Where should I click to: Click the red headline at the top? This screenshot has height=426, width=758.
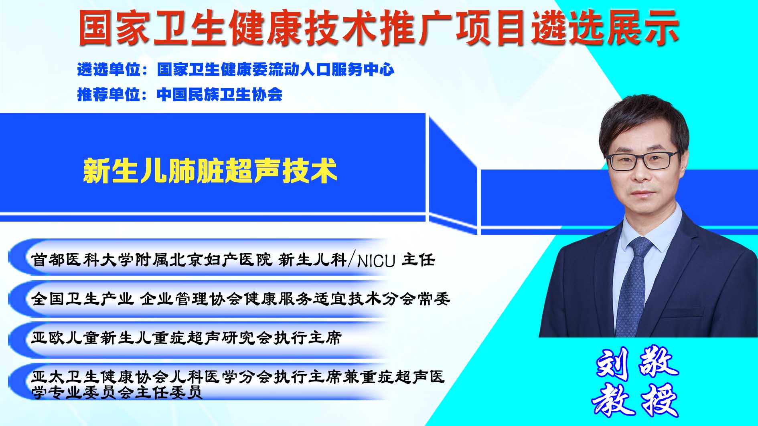[379, 28]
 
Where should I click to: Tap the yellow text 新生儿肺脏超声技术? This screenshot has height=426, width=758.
[210, 171]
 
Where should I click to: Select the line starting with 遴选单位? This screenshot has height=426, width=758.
[236, 70]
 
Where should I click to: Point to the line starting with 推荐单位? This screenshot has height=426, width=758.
[180, 95]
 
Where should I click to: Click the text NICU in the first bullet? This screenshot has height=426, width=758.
[376, 261]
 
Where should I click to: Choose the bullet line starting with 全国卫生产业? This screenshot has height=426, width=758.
[241, 299]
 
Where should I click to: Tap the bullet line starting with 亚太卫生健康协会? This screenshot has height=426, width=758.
[238, 384]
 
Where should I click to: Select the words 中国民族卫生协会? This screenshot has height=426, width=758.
[220, 95]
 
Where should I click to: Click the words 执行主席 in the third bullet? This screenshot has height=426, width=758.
[308, 338]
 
